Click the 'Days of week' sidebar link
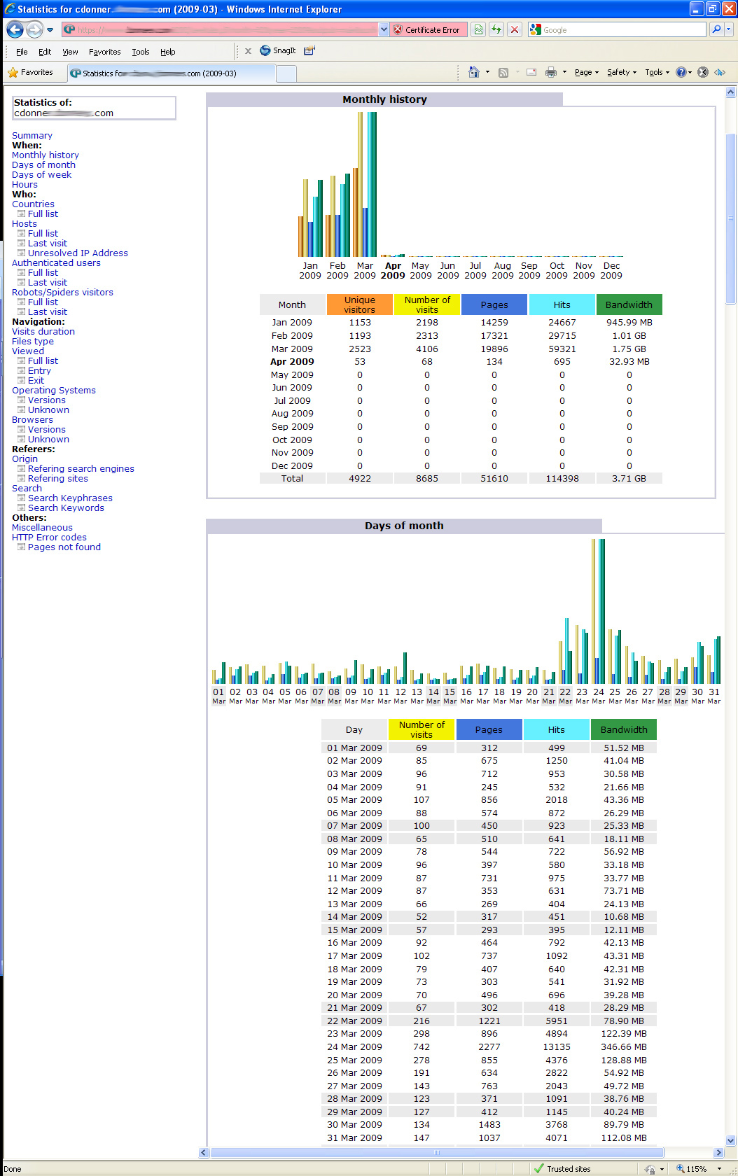41,175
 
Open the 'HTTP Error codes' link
49,538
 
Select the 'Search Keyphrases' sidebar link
70,498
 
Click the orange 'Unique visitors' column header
359,305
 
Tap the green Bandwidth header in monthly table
629,305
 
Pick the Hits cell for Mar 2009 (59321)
562,349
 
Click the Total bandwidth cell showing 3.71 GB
629,479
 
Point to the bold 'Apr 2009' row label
292,362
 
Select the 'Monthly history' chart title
384,99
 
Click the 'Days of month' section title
404,526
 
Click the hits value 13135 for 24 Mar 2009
557,1047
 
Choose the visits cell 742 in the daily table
422,1047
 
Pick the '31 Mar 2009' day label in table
354,1138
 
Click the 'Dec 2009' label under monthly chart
611,271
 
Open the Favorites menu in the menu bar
104,52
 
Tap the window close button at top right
728,9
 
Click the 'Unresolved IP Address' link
78,253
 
